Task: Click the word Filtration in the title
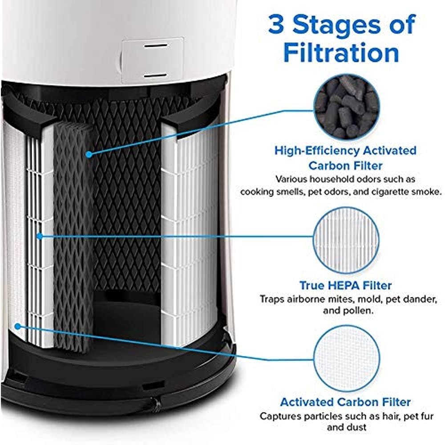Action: point(341,53)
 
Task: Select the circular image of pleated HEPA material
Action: point(347,240)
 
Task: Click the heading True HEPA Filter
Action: point(346,285)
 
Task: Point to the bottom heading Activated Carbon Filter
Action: point(345,402)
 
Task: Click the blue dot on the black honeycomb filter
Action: point(89,154)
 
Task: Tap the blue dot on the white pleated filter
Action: point(40,235)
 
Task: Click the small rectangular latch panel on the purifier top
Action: point(152,60)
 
